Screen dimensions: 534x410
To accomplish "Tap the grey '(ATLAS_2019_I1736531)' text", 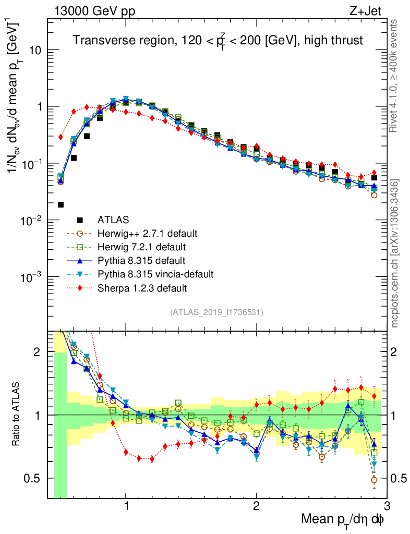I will tap(216, 312).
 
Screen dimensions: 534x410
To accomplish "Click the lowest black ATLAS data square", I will tap(61, 204).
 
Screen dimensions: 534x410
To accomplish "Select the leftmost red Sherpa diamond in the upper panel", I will tap(61, 137).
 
